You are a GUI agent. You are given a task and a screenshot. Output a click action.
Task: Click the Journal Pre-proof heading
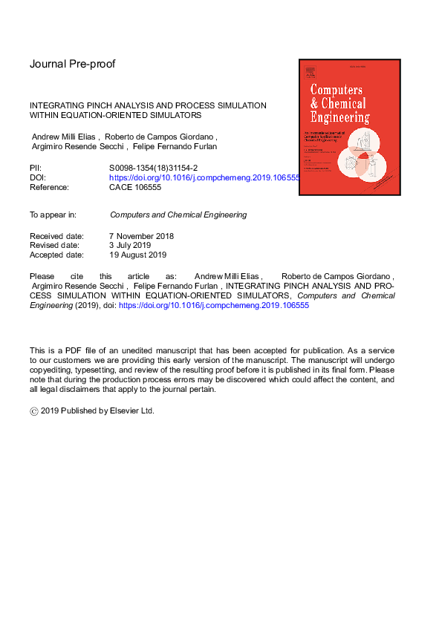[72, 64]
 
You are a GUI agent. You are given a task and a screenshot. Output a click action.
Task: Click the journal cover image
[349, 127]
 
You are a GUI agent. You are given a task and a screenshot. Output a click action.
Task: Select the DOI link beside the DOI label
[204, 178]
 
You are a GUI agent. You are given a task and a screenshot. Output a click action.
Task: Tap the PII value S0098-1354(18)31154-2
[153, 168]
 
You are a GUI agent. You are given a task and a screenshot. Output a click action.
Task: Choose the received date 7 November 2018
[141, 236]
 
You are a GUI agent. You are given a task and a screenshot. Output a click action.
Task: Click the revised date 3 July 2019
[130, 246]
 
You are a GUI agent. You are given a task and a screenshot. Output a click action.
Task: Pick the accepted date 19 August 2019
[137, 255]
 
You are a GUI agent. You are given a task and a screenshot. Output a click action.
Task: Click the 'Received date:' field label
[56, 236]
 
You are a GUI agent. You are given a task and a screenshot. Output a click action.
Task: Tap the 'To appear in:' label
[53, 215]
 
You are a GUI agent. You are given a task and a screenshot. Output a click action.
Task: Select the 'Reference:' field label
[49, 188]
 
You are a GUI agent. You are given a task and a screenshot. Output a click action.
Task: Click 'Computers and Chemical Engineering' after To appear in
[178, 215]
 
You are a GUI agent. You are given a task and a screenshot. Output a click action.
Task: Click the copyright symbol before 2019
[33, 410]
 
